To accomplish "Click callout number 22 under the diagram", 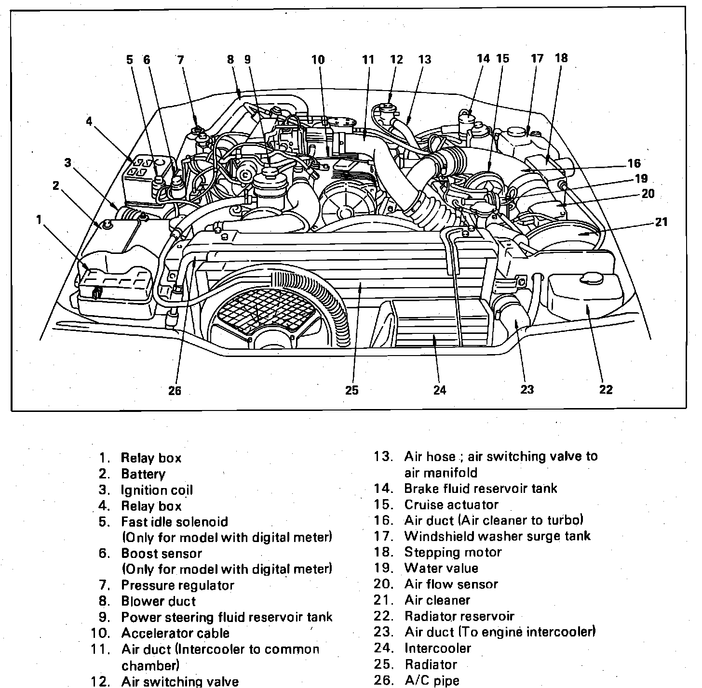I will coord(606,389).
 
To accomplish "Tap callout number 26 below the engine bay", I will coord(175,390).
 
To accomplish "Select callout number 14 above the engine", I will coord(483,59).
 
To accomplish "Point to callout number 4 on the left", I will coord(89,121).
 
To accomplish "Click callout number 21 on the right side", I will coord(661,222).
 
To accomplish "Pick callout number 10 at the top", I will coord(318,60).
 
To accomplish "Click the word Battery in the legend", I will coord(143,474).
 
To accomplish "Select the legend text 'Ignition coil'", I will coord(157,490).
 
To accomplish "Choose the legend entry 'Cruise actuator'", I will coord(451,504).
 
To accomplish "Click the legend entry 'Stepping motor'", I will coord(453,552).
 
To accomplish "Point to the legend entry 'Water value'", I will coord(441,568).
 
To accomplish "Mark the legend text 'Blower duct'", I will coord(158,601).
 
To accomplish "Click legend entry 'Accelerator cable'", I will coord(175,633).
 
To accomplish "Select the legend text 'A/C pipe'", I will coord(432,680).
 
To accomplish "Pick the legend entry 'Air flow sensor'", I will coord(451,584).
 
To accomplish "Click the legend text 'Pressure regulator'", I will coord(177,585).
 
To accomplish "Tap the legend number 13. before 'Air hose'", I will coord(383,456).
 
